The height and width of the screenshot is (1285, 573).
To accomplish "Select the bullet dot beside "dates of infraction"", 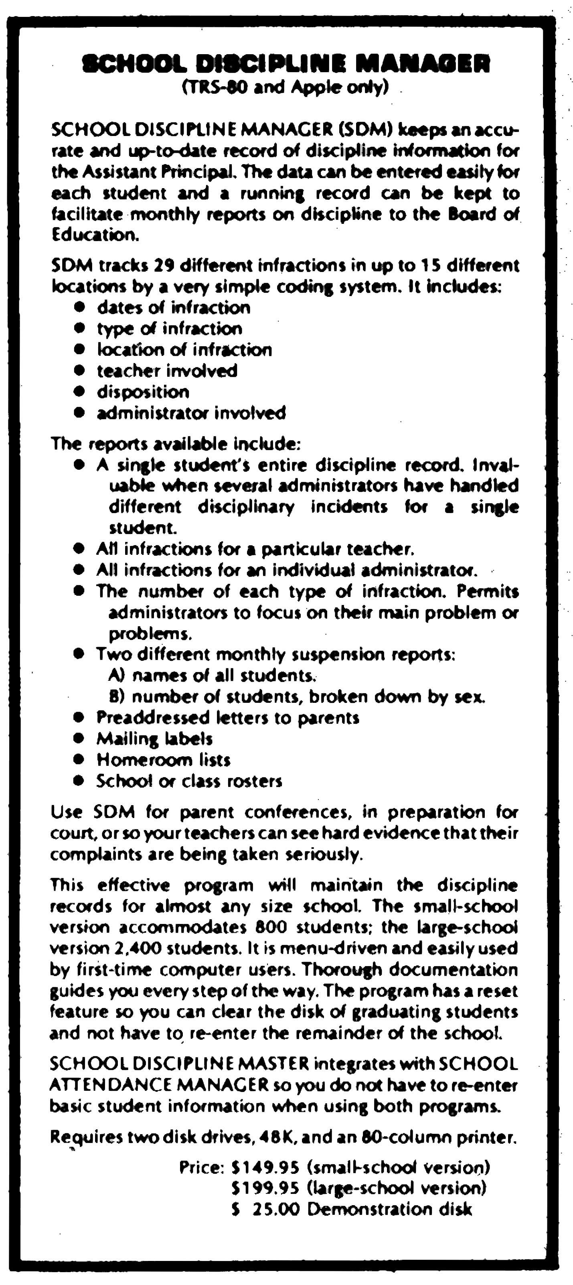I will (78, 307).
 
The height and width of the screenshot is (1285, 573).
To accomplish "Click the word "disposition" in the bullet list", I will (143, 392).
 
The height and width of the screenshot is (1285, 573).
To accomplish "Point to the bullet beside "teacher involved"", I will (78, 371).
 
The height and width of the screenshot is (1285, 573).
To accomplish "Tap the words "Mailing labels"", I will (155, 738).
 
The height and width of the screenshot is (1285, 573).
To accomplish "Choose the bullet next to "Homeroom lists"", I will (78, 760).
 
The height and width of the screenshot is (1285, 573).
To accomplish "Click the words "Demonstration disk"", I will (389, 1210).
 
